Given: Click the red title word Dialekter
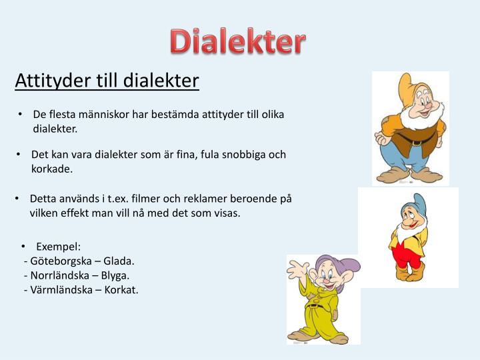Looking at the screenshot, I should coord(237,41).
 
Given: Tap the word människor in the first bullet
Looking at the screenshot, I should coord(103,115).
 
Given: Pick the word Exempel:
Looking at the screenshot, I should coord(59,247).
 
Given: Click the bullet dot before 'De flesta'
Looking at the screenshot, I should coord(21,115).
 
